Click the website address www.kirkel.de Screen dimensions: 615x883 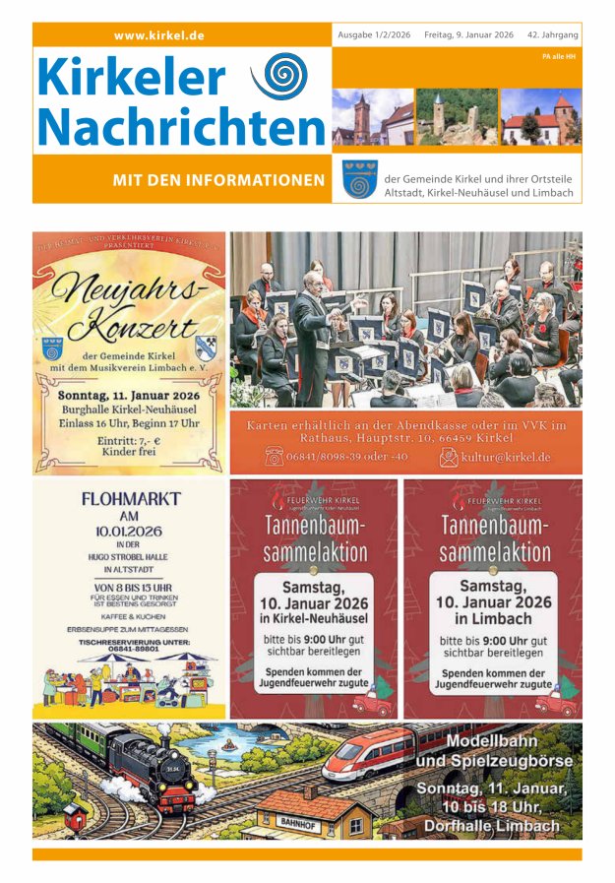(x=159, y=35)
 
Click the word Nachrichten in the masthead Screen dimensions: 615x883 (x=182, y=126)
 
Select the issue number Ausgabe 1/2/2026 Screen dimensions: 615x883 (x=375, y=34)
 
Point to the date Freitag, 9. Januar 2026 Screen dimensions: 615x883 (x=468, y=34)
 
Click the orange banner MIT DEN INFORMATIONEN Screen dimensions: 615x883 (x=218, y=179)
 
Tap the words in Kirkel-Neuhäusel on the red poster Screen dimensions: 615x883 (x=314, y=618)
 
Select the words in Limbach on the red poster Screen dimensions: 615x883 (x=492, y=618)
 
